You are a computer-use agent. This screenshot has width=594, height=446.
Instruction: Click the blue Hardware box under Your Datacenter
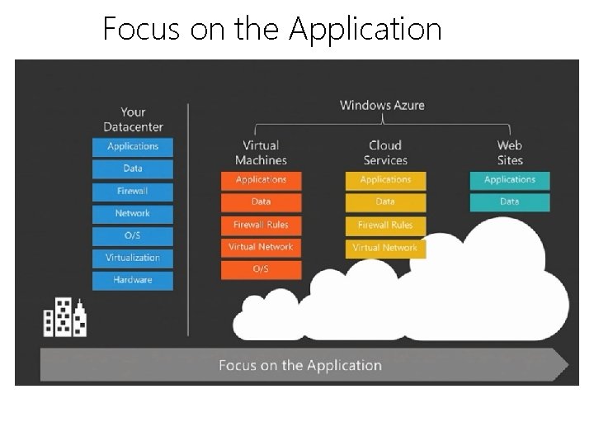point(133,280)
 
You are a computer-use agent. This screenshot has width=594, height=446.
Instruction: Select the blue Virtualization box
point(133,258)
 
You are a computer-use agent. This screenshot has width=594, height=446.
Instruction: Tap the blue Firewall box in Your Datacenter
point(133,191)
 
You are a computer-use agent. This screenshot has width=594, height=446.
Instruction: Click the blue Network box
point(133,213)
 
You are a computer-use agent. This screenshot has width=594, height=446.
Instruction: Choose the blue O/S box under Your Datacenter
point(133,235)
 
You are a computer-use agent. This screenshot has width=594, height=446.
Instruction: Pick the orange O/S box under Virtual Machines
point(261,269)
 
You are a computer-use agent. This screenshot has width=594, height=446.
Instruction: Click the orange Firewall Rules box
point(261,225)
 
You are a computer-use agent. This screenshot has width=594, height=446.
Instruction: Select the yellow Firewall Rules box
point(385,225)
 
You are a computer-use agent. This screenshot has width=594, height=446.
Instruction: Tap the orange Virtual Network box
point(261,247)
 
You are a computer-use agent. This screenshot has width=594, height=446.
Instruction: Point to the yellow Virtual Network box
point(385,247)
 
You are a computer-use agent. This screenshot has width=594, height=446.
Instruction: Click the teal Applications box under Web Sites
point(510,180)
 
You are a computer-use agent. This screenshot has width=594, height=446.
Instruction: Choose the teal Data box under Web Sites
point(510,202)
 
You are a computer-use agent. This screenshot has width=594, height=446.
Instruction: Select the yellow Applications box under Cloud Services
point(385,180)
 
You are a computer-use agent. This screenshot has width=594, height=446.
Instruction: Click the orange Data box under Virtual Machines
point(261,202)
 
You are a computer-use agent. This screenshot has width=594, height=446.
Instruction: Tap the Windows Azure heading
point(382,106)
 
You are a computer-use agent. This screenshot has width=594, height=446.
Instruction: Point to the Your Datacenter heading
point(133,120)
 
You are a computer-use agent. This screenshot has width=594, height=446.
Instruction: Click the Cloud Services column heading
point(385,153)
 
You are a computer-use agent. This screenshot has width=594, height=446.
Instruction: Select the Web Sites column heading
point(510,153)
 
